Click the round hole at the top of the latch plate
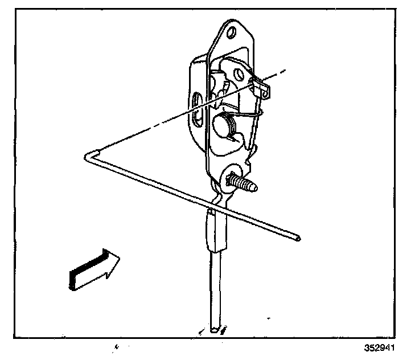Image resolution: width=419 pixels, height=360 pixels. pyautogui.click(x=231, y=34)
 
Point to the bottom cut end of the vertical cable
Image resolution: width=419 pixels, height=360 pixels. pyautogui.click(x=213, y=329)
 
